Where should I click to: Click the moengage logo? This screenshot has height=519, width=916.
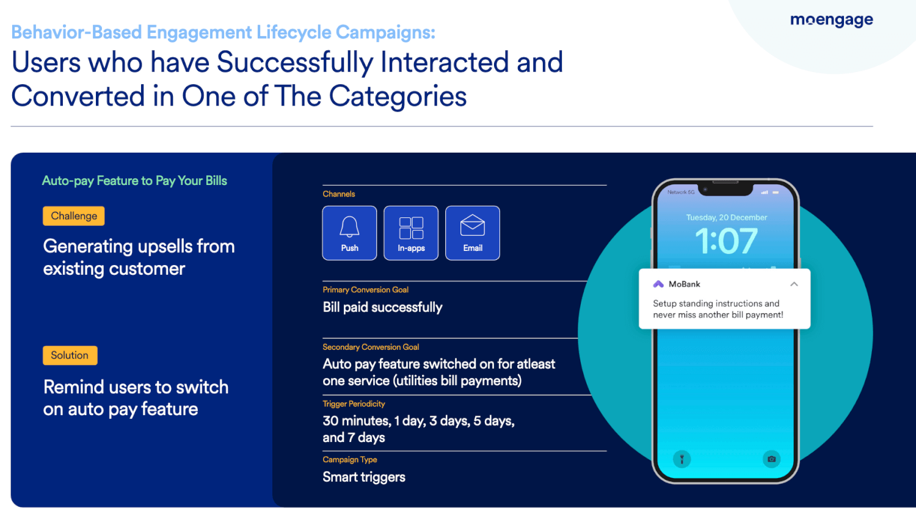tap(831, 20)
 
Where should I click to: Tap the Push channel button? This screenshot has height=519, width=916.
tap(349, 233)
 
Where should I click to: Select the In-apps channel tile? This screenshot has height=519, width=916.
tap(411, 233)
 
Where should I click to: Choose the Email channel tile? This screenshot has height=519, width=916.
tap(472, 233)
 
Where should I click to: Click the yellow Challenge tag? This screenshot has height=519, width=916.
tap(74, 216)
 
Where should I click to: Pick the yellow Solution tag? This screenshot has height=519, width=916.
tap(70, 355)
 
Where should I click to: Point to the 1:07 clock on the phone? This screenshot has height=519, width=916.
tap(726, 241)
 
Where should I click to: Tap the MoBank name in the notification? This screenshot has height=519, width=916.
tap(684, 285)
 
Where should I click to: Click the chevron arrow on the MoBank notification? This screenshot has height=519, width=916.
tap(794, 285)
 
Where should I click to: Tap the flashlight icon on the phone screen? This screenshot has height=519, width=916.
tap(682, 459)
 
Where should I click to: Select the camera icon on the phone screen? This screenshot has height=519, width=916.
tap(771, 459)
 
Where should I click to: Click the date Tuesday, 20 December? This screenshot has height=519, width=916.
tap(726, 217)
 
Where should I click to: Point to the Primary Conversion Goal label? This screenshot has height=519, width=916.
tap(365, 290)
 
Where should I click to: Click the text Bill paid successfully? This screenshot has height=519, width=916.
tap(382, 308)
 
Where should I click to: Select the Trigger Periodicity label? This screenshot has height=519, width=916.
tap(354, 404)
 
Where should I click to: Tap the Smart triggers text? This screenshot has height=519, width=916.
tap(363, 477)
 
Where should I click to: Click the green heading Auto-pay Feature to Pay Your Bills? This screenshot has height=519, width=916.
tap(134, 181)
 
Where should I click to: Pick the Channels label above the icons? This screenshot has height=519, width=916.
tap(338, 194)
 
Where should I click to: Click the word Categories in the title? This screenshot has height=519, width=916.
tap(398, 96)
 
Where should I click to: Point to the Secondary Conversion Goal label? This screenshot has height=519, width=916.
tap(371, 347)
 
